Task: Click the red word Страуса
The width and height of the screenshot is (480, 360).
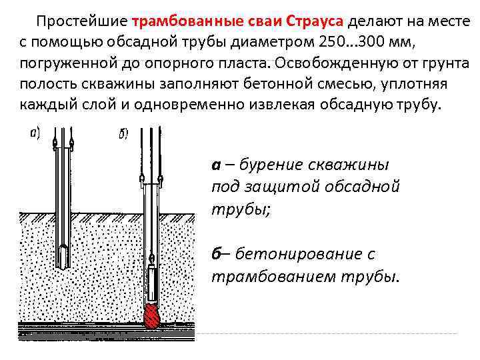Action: click(x=315, y=21)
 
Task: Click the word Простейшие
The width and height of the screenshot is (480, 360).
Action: click(x=82, y=21)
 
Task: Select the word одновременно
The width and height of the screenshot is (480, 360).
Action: click(x=188, y=105)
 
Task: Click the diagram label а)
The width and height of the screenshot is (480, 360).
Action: click(x=35, y=134)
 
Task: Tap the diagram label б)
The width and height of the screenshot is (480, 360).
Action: click(x=123, y=134)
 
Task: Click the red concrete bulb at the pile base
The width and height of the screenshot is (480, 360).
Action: click(x=152, y=316)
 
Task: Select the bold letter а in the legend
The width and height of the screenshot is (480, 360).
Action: click(x=216, y=165)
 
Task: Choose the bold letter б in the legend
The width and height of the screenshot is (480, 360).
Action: click(x=217, y=254)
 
